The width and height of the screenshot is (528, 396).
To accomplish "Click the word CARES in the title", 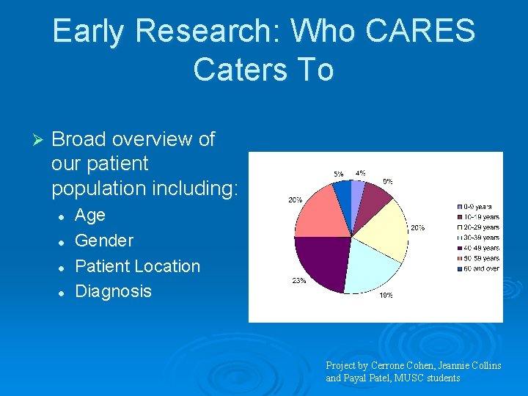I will [x=429, y=32].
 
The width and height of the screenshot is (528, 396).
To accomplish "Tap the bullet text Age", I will [x=90, y=216].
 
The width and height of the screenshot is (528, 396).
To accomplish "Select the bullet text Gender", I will [x=104, y=241].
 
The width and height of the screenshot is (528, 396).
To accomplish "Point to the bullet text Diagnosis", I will [x=113, y=291].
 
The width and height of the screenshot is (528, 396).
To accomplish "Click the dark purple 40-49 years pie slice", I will [x=320, y=260].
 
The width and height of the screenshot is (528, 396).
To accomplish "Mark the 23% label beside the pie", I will [x=299, y=281].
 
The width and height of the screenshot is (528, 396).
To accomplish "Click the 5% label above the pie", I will [x=339, y=174].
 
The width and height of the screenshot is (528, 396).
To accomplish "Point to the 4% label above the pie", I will [x=361, y=173].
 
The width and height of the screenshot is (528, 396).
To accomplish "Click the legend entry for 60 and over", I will [x=480, y=268].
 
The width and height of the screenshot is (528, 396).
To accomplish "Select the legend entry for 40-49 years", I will [x=480, y=248].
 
